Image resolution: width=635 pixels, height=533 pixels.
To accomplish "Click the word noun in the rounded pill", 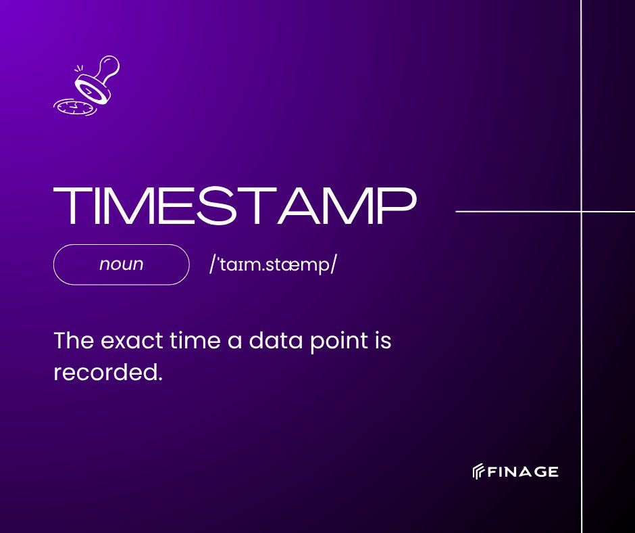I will (x=121, y=264).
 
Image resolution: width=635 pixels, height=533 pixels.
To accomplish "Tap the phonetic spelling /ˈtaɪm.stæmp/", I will (x=273, y=264).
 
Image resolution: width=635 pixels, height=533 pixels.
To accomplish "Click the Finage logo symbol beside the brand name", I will (x=478, y=471).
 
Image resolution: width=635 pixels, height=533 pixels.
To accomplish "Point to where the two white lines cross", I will (x=582, y=212).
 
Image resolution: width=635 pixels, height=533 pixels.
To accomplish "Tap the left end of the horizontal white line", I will (x=458, y=212).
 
